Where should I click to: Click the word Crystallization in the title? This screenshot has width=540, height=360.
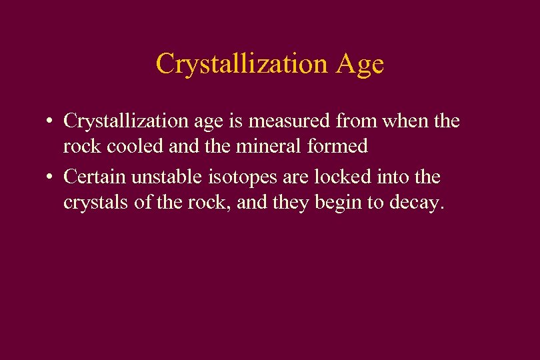[242, 64]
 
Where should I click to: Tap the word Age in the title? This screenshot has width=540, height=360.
[360, 64]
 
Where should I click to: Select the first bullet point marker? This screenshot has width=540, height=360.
[50, 122]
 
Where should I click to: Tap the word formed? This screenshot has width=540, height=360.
[342, 147]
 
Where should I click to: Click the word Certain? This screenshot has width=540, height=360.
[93, 177]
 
